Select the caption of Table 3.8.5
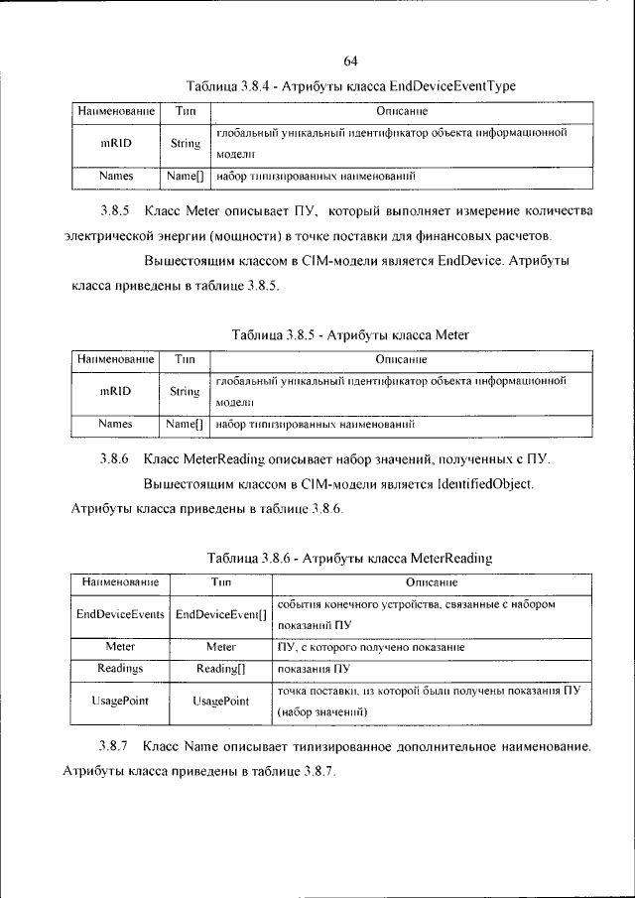click(349, 335)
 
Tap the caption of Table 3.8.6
click(349, 559)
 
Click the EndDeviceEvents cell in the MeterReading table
click(120, 615)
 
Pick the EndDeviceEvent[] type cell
click(221, 615)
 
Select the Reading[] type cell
click(221, 669)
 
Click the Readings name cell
click(120, 669)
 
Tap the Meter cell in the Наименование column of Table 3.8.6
click(120, 646)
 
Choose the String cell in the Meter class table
click(185, 391)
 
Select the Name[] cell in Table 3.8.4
click(185, 176)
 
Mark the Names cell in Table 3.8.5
click(116, 424)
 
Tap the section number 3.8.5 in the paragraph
click(115, 211)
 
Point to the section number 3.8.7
click(114, 744)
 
